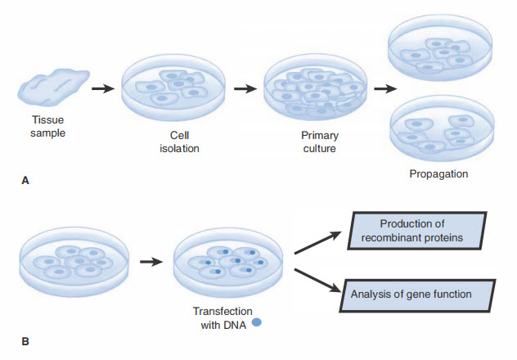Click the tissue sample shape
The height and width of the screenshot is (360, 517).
pyautogui.click(x=54, y=88)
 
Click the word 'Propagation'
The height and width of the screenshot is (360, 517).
pyautogui.click(x=438, y=174)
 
